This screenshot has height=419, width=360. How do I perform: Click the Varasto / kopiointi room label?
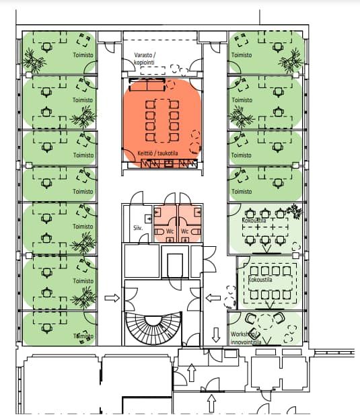pyautogui.click(x=145, y=59)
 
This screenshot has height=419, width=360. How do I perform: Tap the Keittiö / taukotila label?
pyautogui.click(x=157, y=153)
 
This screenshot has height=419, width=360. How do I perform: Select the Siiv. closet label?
pyautogui.click(x=138, y=228)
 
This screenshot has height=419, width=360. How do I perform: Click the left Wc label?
pyautogui.click(x=170, y=231)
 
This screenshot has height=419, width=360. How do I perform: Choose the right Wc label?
pyautogui.click(x=184, y=231)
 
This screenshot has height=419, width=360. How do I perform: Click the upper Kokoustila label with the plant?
pyautogui.click(x=254, y=221)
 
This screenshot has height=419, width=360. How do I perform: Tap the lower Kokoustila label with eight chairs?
pyautogui.click(x=260, y=280)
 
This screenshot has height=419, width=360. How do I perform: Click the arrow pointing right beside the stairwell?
pyautogui.click(x=112, y=298)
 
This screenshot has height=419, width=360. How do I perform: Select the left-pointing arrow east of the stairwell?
pyautogui.click(x=213, y=298)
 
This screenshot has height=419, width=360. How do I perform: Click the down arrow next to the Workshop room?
pyautogui.click(x=216, y=335)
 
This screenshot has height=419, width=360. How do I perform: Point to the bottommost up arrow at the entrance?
pyautogui.click(x=211, y=404)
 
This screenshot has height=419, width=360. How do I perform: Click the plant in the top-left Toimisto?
pyautogui.click(x=34, y=61)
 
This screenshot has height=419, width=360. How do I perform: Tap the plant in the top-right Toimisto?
pyautogui.click(x=291, y=61)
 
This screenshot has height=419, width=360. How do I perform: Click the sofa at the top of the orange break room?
pyautogui.click(x=147, y=85)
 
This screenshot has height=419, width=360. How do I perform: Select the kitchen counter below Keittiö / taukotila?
pyautogui.click(x=169, y=163)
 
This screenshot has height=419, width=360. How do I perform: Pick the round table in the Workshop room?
pyautogui.click(x=265, y=321)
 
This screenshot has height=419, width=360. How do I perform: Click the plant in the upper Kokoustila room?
pyautogui.click(x=295, y=211)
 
